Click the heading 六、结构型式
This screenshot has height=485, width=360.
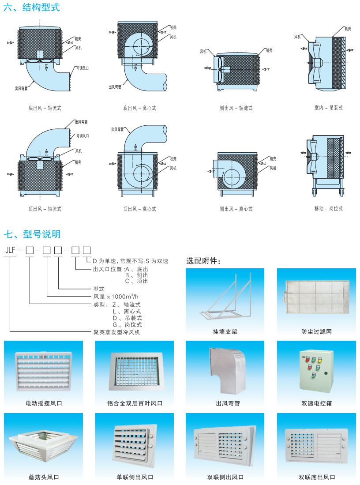click(31, 8)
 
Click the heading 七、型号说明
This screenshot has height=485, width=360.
click(32, 234)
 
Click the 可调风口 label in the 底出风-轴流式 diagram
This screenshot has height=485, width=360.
click(82, 68)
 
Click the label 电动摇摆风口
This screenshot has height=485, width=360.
click(44, 403)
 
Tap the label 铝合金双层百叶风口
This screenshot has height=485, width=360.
click(135, 403)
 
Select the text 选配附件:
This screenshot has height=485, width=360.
click(203, 261)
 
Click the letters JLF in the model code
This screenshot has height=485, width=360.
click(10, 250)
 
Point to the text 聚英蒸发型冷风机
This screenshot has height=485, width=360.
click(116, 332)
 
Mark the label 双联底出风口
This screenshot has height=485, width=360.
click(317, 477)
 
